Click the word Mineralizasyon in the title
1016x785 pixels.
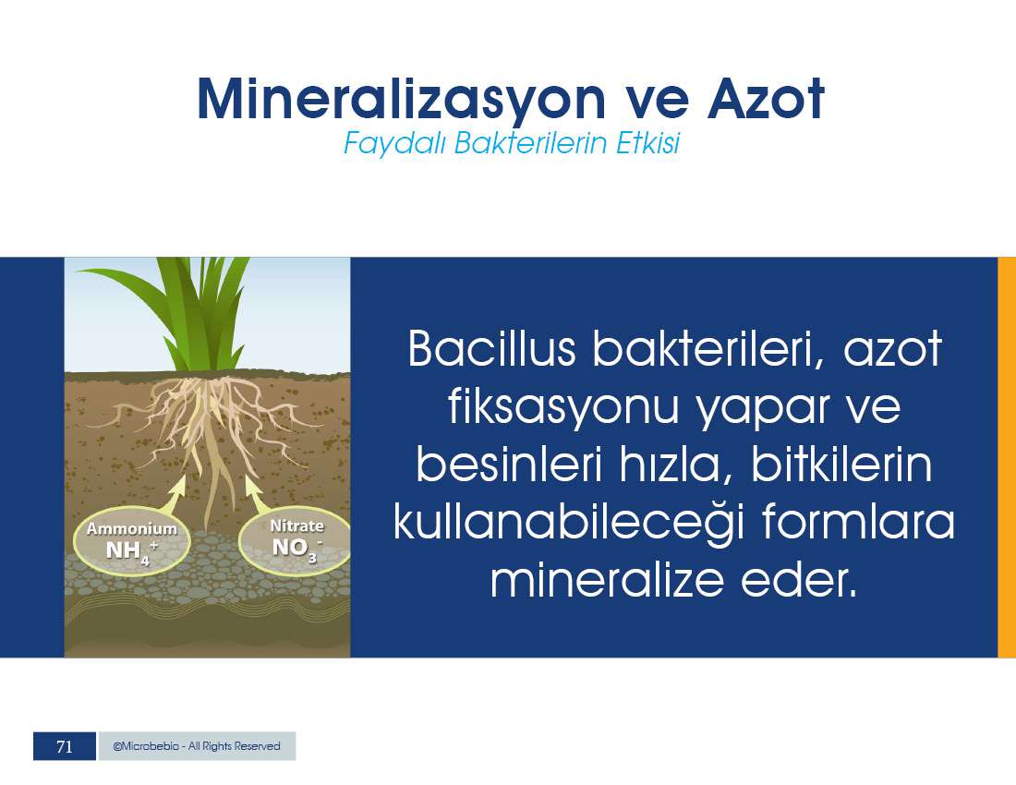401,99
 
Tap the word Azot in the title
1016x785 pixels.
766,99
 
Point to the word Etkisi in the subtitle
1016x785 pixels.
647,142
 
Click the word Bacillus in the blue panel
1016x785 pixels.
491,348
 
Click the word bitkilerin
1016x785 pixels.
841,464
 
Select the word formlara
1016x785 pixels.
858,521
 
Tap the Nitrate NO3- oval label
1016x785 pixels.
296,541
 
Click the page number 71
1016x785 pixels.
64,746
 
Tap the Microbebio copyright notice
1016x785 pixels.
197,746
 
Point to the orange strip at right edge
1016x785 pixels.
1006,457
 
